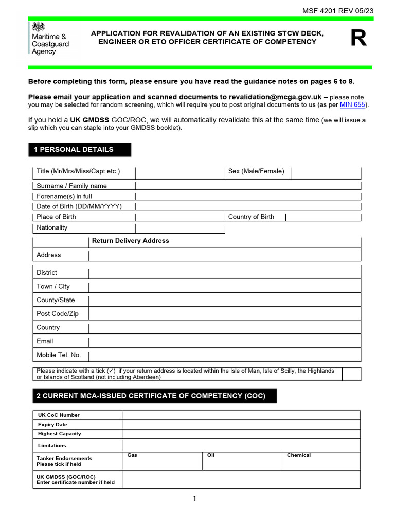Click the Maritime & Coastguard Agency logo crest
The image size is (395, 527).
39,27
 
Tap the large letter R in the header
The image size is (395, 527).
358,39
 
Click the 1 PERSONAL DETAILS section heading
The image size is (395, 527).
79,150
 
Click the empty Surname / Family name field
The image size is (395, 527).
248,186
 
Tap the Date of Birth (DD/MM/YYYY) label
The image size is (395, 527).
79,206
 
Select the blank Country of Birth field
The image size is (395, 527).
322,217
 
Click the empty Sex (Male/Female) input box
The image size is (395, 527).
326,172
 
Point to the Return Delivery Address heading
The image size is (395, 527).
130,241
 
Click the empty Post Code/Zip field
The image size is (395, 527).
224,314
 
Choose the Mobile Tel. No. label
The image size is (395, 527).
59,355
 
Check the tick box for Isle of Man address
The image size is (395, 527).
351,374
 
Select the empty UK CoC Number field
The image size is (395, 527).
241,415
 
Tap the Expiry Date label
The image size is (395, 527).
52,425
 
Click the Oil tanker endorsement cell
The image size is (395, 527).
242,461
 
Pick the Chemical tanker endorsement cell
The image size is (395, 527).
321,461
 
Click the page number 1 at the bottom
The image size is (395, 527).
195,498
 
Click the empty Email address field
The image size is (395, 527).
224,341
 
